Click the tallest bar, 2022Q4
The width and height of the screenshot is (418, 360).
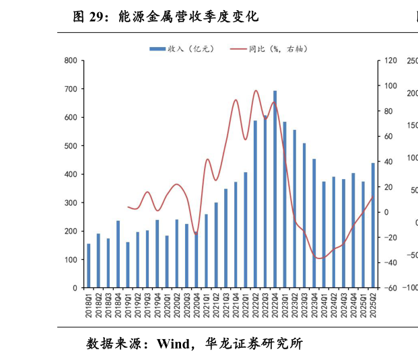(275, 189)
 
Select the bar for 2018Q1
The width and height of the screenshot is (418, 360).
(89, 266)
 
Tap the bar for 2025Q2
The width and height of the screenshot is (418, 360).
(373, 225)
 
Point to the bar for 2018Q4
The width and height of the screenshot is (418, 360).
(118, 254)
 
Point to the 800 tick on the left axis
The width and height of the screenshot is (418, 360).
(71, 61)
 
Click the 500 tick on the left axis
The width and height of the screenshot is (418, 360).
(71, 146)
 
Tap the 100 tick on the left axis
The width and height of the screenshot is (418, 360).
(71, 260)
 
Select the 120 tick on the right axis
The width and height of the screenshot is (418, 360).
(390, 61)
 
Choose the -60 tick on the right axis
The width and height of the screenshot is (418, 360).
(390, 288)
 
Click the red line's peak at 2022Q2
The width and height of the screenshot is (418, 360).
(256, 90)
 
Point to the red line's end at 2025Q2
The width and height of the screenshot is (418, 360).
(373, 196)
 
